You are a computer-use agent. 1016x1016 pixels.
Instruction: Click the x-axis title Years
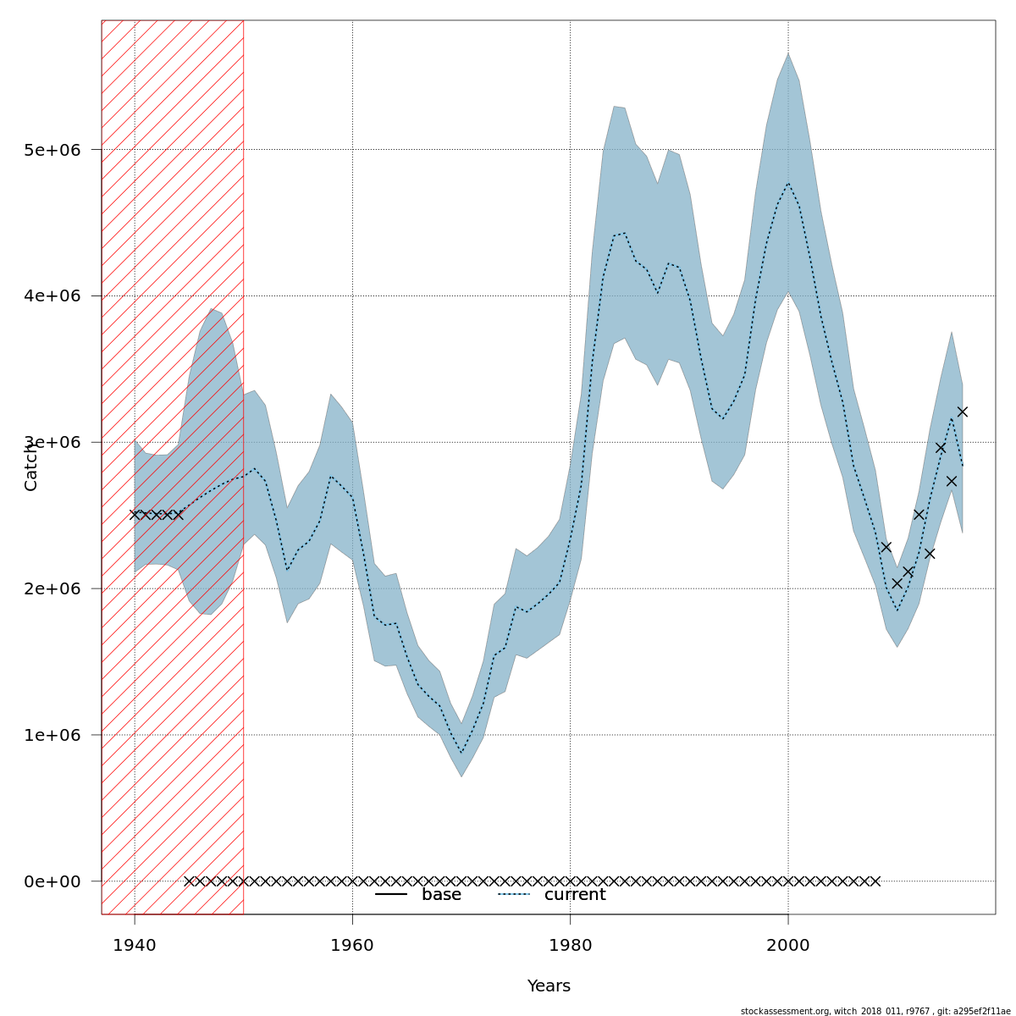549,986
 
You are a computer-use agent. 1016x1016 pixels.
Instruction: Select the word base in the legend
441,895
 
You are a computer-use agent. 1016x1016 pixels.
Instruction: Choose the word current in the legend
575,895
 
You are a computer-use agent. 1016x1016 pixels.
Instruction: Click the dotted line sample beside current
513,894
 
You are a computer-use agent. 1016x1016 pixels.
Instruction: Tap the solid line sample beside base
391,894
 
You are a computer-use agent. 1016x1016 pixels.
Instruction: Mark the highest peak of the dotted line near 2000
788,183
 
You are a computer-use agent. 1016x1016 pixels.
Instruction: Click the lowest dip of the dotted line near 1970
461,753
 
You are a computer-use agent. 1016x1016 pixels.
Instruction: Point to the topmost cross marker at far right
962,412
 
